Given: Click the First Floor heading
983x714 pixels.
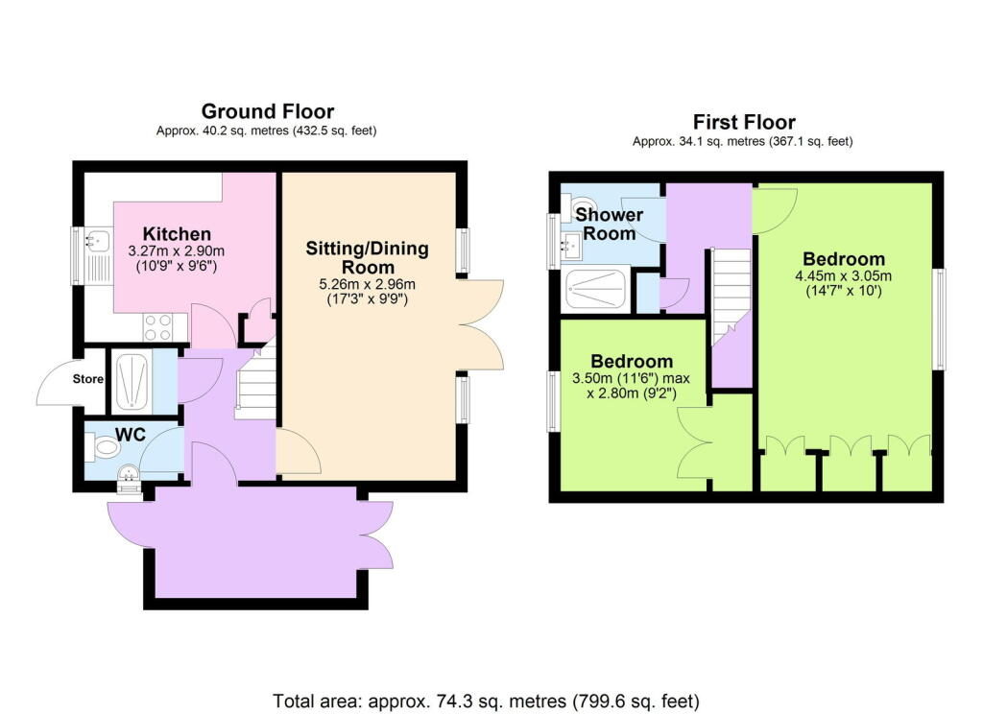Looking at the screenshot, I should [x=744, y=123].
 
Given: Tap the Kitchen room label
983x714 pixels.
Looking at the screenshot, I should [x=177, y=234].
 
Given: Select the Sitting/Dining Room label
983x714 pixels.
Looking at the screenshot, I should [x=367, y=258].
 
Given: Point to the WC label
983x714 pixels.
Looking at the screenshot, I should [x=130, y=435].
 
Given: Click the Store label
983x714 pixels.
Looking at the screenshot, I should [x=88, y=379].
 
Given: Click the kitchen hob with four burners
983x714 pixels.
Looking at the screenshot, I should [x=157, y=327].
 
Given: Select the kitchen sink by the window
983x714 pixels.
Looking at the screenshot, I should [x=97, y=254].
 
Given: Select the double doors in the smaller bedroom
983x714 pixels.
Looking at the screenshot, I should [x=695, y=443].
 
